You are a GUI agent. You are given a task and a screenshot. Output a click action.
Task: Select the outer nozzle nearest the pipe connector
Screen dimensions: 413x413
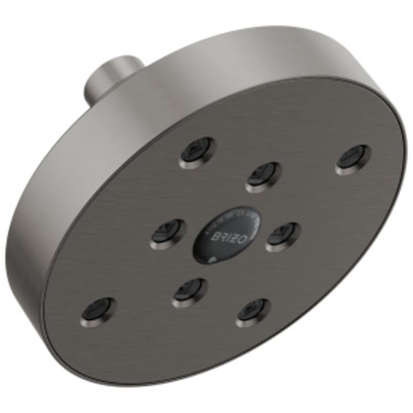click(196, 151)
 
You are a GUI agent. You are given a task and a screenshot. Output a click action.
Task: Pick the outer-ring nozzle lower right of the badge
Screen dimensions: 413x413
click(253, 313)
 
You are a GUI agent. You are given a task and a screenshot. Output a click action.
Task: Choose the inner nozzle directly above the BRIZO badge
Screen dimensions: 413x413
click(264, 176)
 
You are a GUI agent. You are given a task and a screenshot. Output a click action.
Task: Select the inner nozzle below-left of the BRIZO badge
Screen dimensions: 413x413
click(189, 293)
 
